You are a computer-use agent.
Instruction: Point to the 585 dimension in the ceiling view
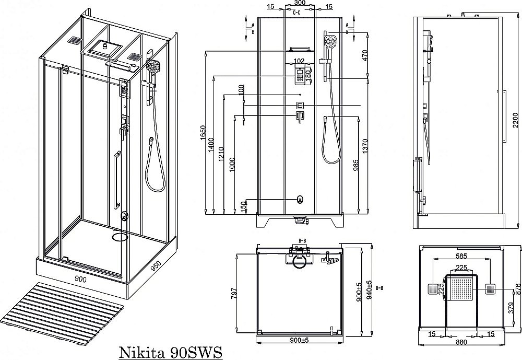tap(460, 257)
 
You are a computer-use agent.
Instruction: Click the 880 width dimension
tap(460, 343)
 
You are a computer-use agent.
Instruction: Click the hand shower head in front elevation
tap(330, 40)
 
